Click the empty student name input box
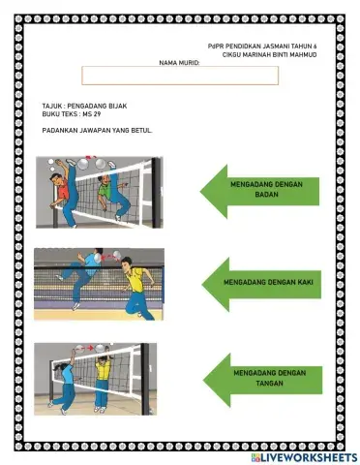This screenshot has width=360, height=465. point(180,76)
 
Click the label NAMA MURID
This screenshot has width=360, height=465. point(179,63)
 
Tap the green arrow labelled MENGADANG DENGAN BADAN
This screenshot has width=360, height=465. point(259,191)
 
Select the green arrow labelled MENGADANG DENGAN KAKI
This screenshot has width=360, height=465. point(261,284)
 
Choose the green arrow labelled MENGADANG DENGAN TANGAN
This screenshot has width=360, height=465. point(262,380)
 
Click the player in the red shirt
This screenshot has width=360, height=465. point(66,194)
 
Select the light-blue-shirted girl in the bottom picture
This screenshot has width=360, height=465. point(65,381)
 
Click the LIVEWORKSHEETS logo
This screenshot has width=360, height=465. point(304,457)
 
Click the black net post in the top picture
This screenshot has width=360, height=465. point(157,193)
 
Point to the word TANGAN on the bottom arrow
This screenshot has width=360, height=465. point(269,384)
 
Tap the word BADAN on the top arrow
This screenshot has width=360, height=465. point(266,195)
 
